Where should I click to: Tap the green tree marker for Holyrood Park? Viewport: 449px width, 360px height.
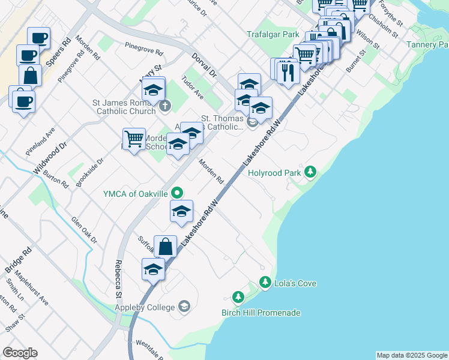click(x=310, y=172)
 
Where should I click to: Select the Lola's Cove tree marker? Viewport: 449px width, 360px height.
click(x=265, y=282)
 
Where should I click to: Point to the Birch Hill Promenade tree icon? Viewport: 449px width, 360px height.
click(x=238, y=298)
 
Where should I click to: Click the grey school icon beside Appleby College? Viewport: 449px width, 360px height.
click(x=184, y=307)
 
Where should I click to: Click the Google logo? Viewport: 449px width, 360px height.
click(x=20, y=353)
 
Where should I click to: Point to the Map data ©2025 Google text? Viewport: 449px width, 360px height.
click(x=411, y=355)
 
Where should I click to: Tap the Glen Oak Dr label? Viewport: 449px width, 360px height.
click(x=84, y=230)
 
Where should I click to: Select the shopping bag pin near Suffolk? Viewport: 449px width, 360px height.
click(x=165, y=247)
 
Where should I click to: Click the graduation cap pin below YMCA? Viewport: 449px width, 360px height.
click(x=181, y=211)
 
